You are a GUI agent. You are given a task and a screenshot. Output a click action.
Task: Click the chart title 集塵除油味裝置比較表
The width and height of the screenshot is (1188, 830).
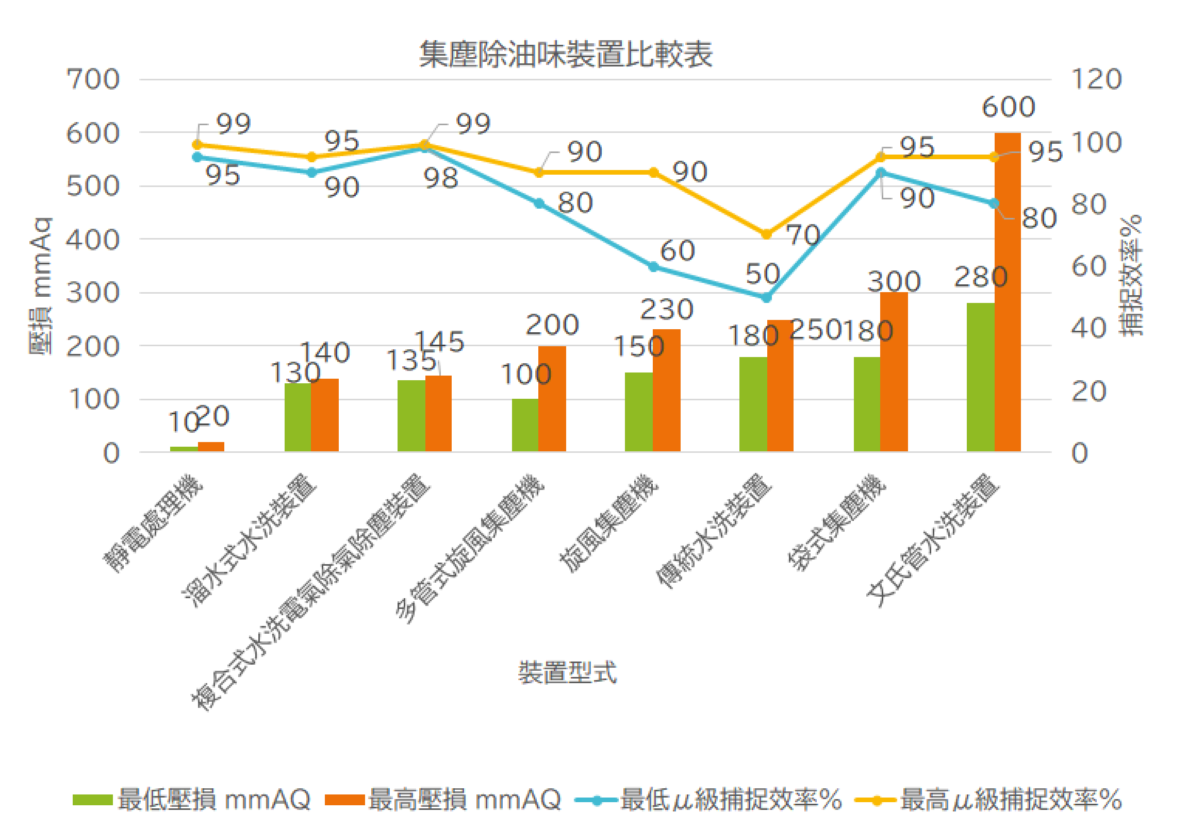[x=566, y=55]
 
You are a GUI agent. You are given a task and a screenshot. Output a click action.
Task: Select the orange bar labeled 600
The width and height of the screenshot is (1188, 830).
[x=1007, y=292]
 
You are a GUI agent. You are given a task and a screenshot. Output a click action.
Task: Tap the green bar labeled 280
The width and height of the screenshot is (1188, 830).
[x=980, y=378]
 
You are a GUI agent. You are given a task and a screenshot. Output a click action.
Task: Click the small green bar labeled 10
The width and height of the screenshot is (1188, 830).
[x=184, y=449]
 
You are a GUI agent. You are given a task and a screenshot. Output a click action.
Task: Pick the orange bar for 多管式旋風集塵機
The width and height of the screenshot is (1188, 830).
[x=552, y=399]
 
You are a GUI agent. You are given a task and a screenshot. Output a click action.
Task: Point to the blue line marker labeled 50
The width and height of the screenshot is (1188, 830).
[x=766, y=298]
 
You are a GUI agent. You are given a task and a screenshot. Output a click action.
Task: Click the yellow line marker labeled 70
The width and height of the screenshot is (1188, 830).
[x=766, y=235]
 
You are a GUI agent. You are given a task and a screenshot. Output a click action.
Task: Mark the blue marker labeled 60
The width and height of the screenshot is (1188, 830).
[x=653, y=267]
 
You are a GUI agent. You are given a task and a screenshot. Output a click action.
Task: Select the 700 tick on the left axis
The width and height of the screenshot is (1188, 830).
[x=93, y=80]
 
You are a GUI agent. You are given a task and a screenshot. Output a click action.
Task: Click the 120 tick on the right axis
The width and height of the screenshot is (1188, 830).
[x=1096, y=80]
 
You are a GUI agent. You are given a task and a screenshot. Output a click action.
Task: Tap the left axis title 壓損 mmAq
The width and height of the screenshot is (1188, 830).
[x=40, y=285]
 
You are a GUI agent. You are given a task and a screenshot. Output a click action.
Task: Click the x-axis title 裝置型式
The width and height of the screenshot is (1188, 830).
[x=567, y=673]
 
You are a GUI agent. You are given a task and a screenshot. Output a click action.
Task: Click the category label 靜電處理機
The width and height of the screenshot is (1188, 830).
[x=153, y=523]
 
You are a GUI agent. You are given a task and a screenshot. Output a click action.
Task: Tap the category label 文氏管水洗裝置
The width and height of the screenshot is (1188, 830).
[x=931, y=540]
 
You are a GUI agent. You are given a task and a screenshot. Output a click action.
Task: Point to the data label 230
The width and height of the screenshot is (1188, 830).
[x=666, y=309]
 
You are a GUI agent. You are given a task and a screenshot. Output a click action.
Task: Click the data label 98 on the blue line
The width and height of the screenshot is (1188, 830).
[x=440, y=178]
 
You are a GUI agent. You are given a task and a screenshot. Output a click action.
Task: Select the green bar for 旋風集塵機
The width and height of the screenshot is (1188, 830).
[x=638, y=412]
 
